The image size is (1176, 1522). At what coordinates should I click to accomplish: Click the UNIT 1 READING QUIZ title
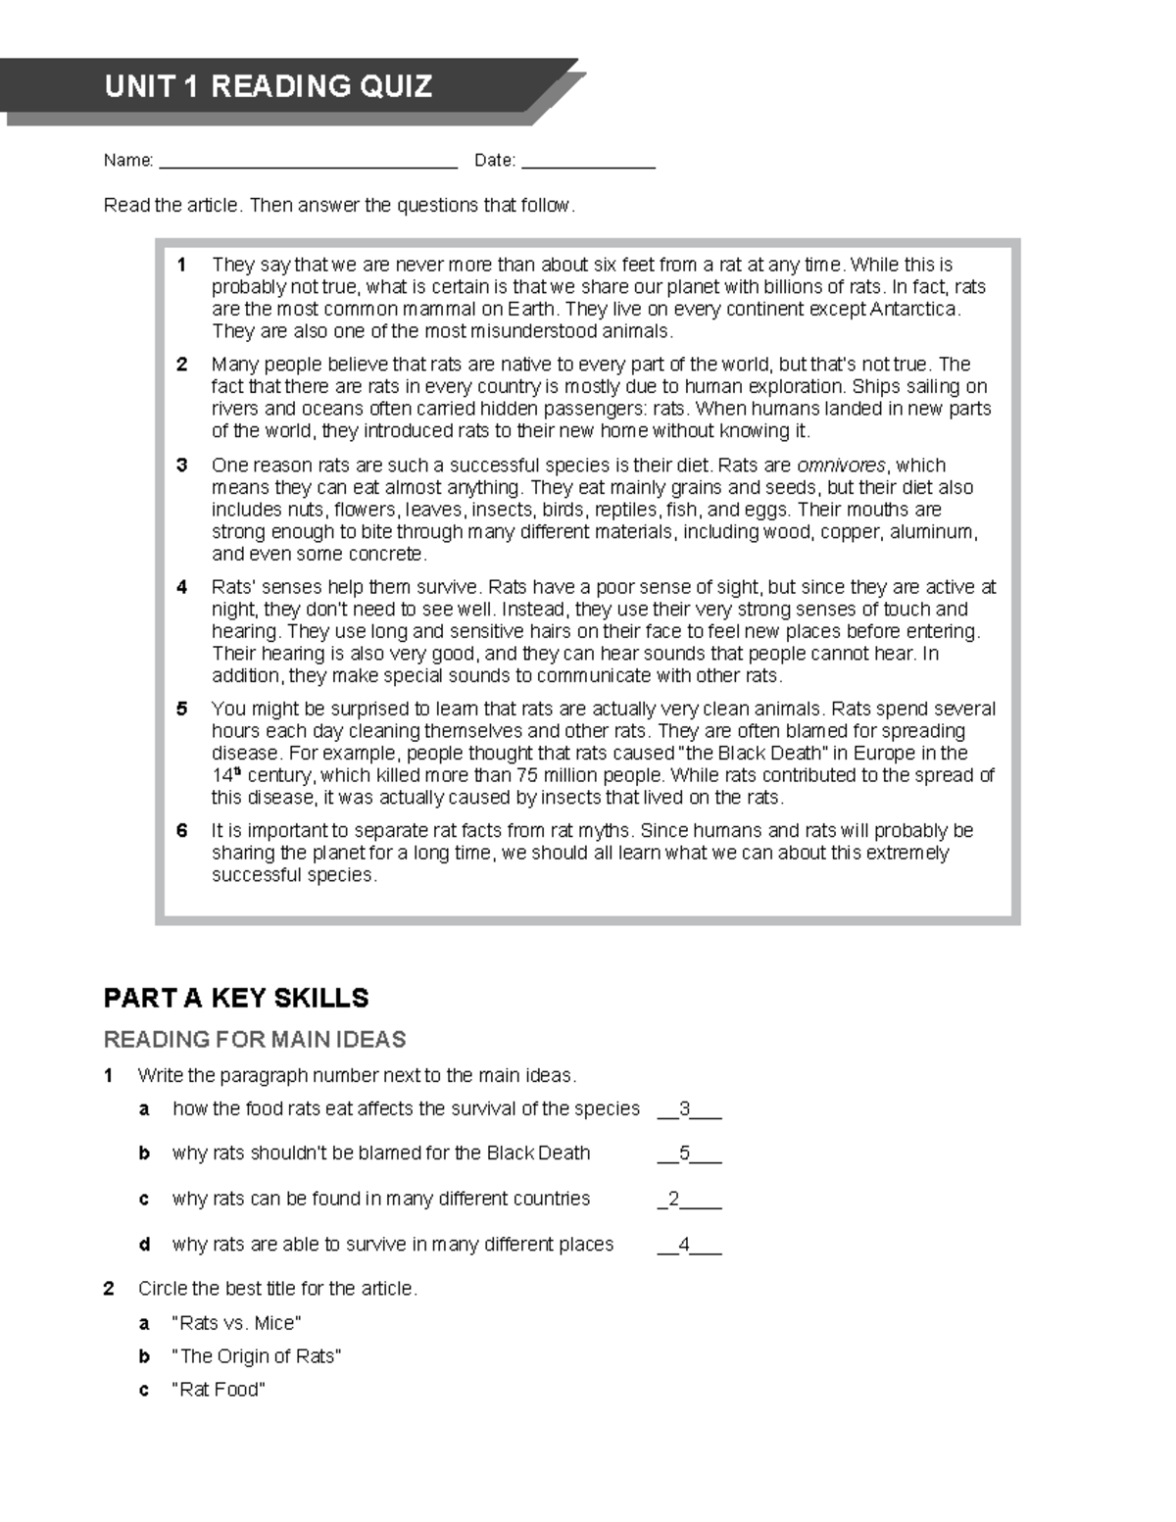point(268,86)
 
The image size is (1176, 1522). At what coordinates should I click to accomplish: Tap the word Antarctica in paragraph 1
point(914,310)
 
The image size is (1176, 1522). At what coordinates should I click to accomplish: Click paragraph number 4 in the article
point(181,587)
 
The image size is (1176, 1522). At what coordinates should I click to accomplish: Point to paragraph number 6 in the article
point(181,830)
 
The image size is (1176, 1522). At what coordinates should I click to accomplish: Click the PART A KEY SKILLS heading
point(236,998)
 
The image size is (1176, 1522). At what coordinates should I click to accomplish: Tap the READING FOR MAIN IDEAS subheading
point(255,1039)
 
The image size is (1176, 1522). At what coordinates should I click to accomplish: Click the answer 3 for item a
point(685,1109)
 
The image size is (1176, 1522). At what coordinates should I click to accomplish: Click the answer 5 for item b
point(685,1154)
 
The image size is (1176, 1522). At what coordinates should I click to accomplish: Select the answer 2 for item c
point(673,1199)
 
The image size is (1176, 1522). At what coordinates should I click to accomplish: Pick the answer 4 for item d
point(685,1245)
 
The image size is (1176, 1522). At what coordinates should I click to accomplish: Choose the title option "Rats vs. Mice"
point(236,1323)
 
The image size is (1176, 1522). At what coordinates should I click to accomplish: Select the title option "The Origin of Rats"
point(256,1356)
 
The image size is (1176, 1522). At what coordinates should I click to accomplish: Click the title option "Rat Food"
point(219,1390)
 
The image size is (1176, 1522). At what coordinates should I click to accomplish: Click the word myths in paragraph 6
point(604,831)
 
